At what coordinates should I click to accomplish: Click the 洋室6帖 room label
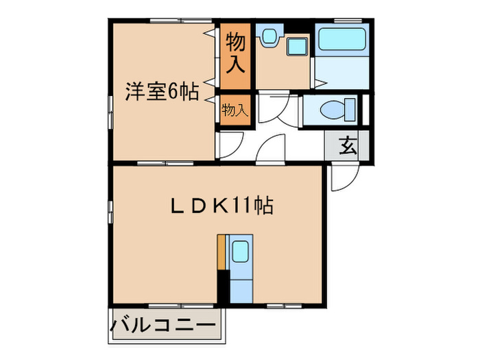(x=162, y=93)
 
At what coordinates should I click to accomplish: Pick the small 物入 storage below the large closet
(x=235, y=110)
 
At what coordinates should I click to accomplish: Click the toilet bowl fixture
(x=333, y=110)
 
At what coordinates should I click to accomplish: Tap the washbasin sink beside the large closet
(x=269, y=35)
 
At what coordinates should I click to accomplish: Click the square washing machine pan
(x=297, y=48)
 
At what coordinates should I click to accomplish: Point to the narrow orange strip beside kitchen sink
(x=221, y=252)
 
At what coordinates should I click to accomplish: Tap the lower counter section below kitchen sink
(x=241, y=288)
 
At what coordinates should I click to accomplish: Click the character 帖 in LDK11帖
(x=263, y=204)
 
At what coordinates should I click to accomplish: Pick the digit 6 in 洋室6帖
(x=174, y=93)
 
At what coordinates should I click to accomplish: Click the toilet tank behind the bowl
(x=351, y=110)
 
